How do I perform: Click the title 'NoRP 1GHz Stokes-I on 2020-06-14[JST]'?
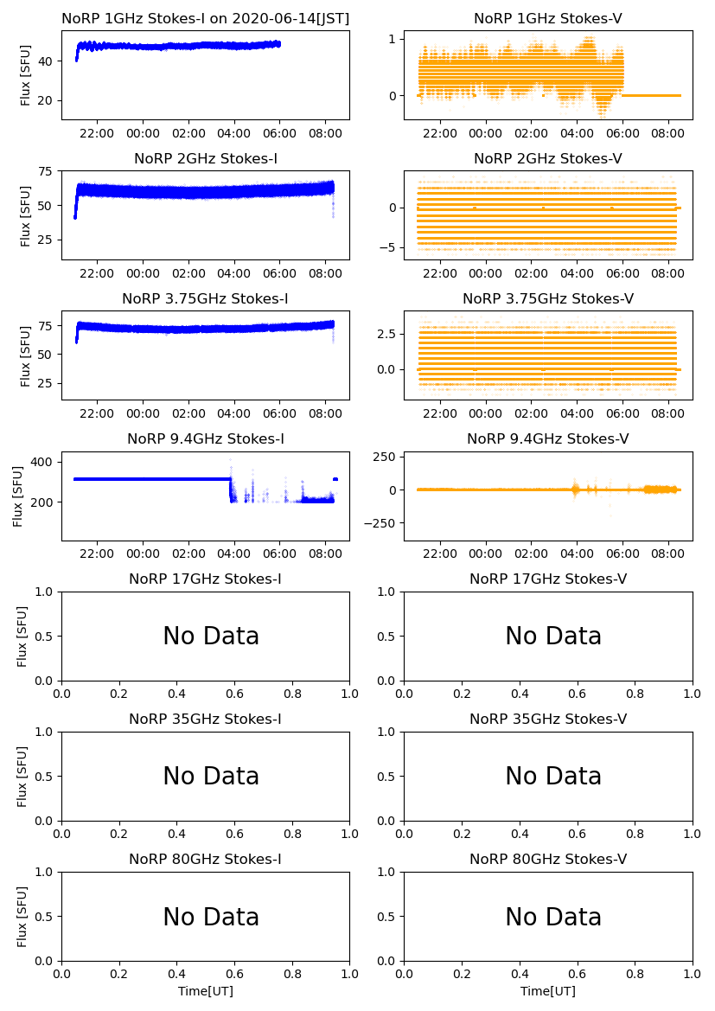[205, 18]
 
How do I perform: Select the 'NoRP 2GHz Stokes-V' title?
[548, 158]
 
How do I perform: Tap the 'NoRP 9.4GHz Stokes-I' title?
[205, 438]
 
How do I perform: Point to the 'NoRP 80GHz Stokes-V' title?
[548, 859]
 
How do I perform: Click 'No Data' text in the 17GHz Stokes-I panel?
[211, 637]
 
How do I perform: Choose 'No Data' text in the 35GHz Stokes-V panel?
[553, 777]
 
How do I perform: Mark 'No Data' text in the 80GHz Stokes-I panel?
[211, 917]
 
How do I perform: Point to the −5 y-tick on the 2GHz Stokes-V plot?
[390, 247]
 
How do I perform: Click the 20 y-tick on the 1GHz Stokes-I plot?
[48, 100]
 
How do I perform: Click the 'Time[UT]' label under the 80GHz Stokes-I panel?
[206, 991]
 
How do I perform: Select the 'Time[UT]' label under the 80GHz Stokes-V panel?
[548, 991]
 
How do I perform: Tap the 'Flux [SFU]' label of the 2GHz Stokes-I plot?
[26, 215]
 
